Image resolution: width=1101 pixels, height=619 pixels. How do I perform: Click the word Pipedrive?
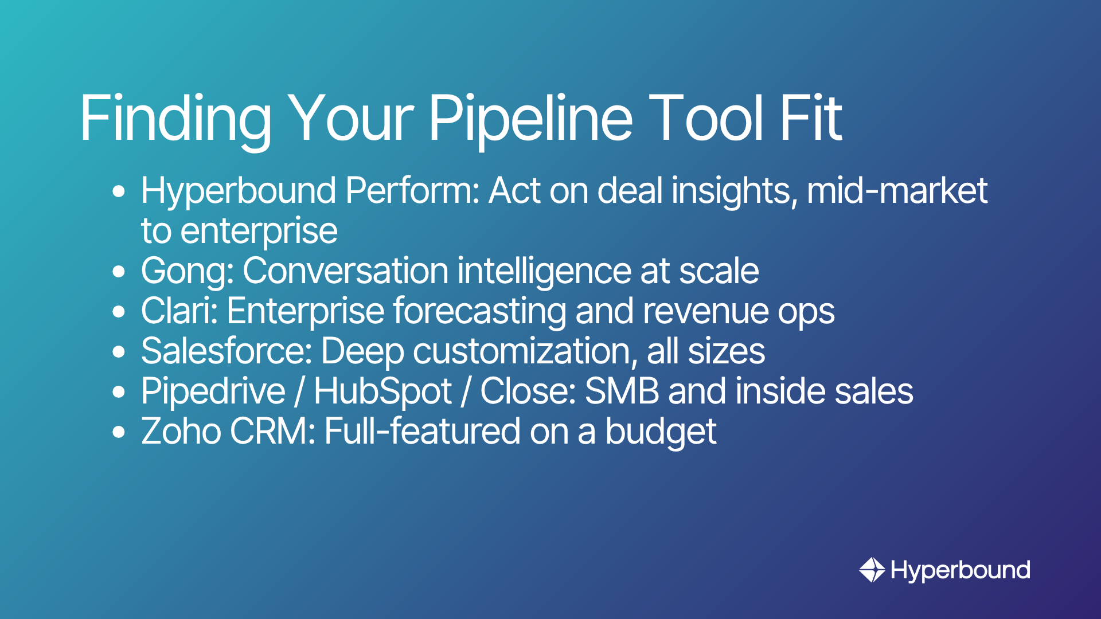click(213, 392)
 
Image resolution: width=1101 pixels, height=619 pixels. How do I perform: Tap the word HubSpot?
click(383, 392)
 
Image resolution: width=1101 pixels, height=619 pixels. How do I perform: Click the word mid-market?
click(897, 190)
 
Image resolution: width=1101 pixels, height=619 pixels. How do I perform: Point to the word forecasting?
click(479, 312)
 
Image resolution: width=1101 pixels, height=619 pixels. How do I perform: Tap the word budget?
click(661, 432)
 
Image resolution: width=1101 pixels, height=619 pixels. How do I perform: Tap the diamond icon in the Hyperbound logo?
click(872, 570)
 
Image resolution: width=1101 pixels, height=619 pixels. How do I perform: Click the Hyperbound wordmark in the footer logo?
click(961, 571)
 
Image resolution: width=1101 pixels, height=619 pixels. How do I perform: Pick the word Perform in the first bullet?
click(412, 190)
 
